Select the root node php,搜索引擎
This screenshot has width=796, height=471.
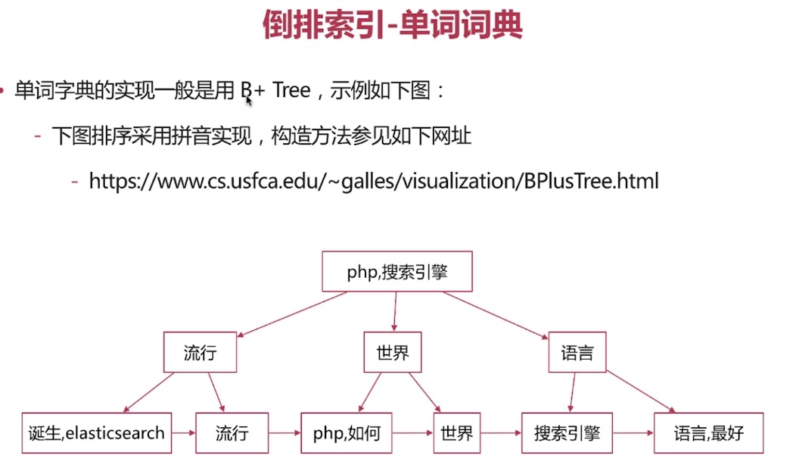[397, 272]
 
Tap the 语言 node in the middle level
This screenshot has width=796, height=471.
[577, 353]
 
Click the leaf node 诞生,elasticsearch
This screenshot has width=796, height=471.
[96, 433]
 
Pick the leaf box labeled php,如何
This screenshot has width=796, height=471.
[347, 433]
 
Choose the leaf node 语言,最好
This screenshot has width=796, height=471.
[708, 433]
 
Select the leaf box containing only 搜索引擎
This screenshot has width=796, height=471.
[566, 433]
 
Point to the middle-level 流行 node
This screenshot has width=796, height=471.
[200, 353]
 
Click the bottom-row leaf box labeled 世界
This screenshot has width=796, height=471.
[456, 433]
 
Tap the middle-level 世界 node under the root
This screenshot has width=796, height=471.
[392, 353]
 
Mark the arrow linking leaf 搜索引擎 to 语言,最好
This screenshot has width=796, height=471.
[633, 434]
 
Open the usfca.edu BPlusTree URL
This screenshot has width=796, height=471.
[374, 181]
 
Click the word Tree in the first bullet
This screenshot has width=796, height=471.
[291, 91]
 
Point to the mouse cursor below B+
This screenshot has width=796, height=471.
[248, 100]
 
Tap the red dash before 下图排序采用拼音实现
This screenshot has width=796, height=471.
[37, 137]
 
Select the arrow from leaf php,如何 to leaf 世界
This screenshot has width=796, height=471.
[413, 434]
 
